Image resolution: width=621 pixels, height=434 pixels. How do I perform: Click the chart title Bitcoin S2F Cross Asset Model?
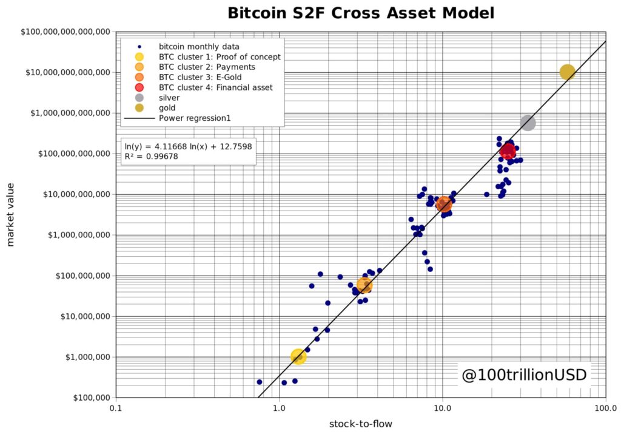[360, 13]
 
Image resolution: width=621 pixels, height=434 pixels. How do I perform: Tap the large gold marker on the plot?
[567, 72]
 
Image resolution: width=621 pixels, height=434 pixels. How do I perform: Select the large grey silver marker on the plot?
[528, 123]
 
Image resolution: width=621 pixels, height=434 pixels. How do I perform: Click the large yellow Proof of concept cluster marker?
[298, 356]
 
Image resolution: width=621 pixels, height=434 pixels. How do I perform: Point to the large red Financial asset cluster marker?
[508, 151]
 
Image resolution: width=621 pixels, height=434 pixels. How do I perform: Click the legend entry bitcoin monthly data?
[199, 46]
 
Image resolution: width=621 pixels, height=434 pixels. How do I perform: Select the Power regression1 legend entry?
[194, 118]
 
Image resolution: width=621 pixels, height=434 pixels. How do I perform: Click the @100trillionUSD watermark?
[524, 375]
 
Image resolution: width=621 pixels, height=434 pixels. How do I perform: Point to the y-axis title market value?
[10, 215]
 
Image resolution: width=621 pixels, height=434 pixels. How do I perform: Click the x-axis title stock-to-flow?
[361, 424]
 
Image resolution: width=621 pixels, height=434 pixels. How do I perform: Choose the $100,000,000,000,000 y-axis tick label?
[63, 32]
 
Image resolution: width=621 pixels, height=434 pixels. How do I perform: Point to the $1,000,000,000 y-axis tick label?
[77, 235]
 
